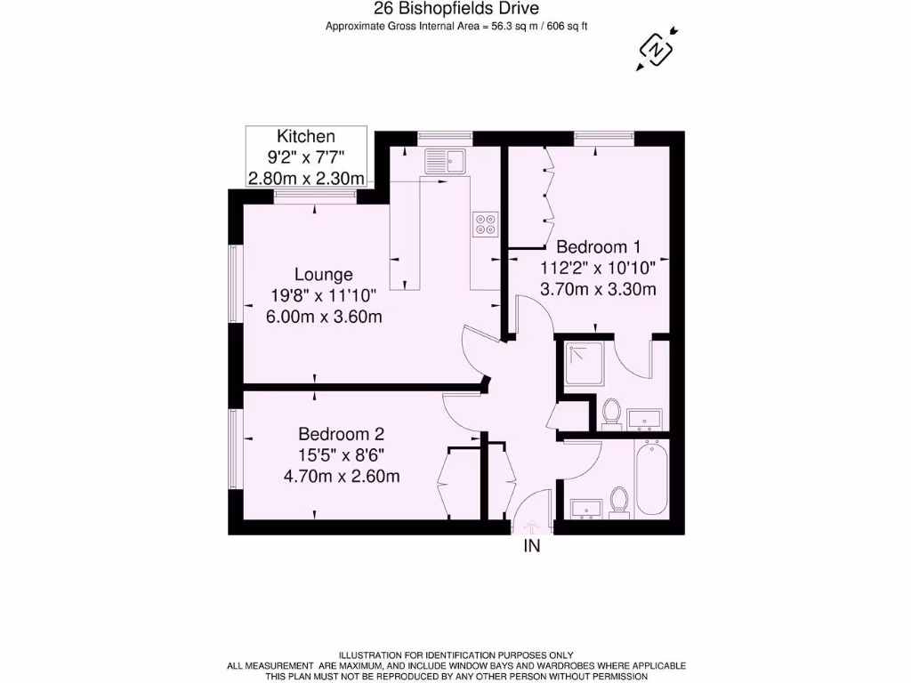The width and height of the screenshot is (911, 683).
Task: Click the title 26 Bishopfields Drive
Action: pos(455,9)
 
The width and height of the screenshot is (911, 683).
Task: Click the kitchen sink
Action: pos(445,161)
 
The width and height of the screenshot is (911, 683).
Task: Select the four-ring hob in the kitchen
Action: pos(486,224)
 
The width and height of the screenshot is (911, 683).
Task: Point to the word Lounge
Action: pos(324,275)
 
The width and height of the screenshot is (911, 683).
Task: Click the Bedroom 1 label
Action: pos(597,246)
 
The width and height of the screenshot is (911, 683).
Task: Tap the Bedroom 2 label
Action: pos(341,434)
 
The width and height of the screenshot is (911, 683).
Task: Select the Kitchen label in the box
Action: pos(306,136)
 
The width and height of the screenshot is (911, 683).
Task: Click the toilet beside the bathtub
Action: pos(620,501)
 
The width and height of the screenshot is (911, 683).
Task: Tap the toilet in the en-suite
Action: pos(611,414)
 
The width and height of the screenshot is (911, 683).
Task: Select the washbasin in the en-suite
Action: pos(644,418)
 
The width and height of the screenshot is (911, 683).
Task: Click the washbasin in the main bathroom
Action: pos(586,508)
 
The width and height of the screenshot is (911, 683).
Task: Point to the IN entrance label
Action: pos(530,547)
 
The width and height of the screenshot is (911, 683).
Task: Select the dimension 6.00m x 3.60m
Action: pos(324,316)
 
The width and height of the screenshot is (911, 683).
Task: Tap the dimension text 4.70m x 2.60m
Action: pos(341,476)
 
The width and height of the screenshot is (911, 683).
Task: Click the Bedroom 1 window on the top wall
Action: pos(603,137)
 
